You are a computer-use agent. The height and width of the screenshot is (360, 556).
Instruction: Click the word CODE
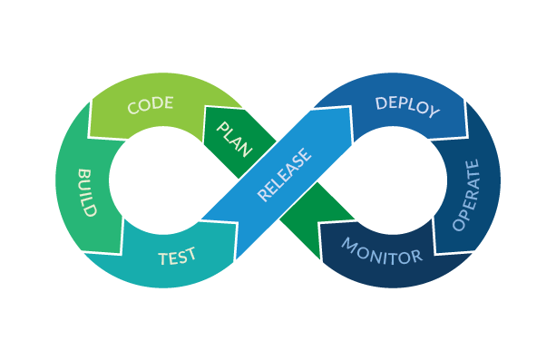[151, 105]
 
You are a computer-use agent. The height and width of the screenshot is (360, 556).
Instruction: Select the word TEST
[177, 258]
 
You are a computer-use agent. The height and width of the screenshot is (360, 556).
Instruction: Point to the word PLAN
[234, 135]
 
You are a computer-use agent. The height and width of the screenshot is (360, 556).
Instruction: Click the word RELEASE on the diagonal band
[284, 174]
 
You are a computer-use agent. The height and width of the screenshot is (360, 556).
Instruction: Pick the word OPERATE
[465, 194]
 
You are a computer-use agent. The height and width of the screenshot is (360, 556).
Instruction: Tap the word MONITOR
[382, 253]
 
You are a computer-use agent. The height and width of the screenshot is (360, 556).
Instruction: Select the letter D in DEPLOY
[381, 101]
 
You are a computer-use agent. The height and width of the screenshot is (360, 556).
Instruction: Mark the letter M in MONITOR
[350, 245]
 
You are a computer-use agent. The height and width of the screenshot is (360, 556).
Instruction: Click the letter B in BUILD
[83, 172]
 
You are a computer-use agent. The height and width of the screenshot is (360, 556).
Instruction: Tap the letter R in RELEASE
[264, 196]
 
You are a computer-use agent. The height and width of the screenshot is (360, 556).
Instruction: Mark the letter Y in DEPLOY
[433, 112]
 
